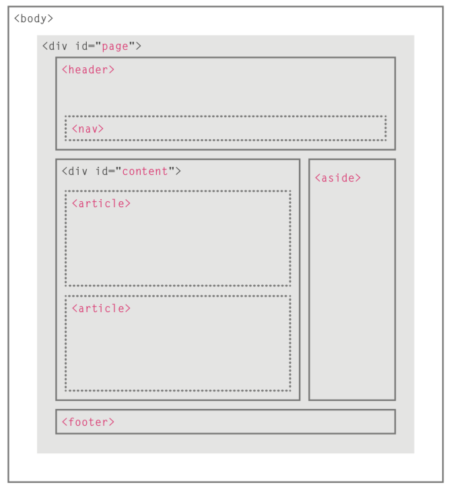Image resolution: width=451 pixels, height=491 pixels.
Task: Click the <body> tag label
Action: point(34,19)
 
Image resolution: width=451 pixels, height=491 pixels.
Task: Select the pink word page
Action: point(115,46)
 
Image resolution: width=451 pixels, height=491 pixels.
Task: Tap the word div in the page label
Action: point(58,46)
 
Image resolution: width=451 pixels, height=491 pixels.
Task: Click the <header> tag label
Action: point(88,69)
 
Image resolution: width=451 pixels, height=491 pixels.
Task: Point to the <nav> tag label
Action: point(88,128)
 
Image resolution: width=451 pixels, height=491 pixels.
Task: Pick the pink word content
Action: point(145,172)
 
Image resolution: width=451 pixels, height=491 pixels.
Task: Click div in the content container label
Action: point(77,172)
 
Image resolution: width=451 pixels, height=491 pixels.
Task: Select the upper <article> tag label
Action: point(101,204)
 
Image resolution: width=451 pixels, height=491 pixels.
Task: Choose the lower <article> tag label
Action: point(101,309)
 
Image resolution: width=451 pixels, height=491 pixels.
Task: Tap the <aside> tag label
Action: point(338,178)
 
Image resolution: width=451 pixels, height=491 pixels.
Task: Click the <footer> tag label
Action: point(88,422)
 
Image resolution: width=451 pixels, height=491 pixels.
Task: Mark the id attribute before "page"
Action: point(82,46)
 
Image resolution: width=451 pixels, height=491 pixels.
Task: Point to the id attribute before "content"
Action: point(102,172)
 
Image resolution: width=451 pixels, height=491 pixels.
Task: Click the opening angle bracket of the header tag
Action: point(65,69)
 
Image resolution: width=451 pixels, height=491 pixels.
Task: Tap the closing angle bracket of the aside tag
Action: point(358,178)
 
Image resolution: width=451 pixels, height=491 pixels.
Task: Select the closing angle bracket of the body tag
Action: point(50,19)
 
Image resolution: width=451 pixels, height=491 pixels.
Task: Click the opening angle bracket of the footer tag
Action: point(65,422)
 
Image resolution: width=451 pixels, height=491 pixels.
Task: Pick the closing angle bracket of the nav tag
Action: point(101,128)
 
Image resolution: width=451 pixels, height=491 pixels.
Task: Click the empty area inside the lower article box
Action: point(178,350)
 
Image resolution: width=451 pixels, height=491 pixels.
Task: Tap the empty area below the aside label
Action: point(352,291)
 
